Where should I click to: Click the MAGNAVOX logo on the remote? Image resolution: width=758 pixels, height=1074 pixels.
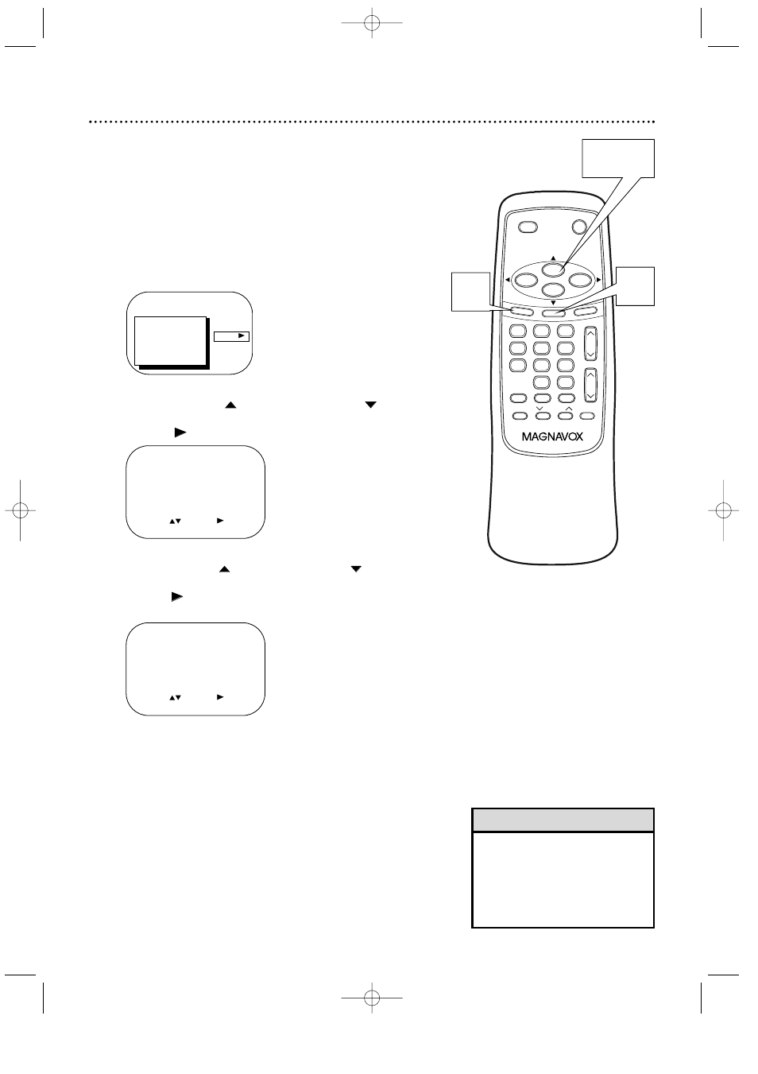pos(552,436)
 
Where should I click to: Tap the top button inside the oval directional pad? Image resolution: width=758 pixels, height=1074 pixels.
pos(553,269)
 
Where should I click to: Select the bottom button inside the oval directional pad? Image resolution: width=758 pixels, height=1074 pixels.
pos(553,291)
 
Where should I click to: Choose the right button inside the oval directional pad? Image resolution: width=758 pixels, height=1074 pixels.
pos(582,280)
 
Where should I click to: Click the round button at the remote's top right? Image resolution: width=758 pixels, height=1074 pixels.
pos(581,227)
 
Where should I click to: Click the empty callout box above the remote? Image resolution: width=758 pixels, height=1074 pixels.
pos(618,158)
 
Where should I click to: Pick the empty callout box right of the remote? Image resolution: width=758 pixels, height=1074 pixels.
pos(636,286)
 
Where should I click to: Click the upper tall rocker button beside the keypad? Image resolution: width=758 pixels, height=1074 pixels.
pos(590,343)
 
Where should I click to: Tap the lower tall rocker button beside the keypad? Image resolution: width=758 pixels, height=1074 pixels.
pos(590,384)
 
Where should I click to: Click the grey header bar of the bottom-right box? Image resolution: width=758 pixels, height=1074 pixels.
pos(563,820)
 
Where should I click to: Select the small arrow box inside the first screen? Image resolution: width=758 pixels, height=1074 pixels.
pos(232,336)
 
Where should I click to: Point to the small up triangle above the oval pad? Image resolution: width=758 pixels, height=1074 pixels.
pos(553,258)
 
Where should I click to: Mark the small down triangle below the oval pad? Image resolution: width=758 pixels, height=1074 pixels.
pos(553,303)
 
